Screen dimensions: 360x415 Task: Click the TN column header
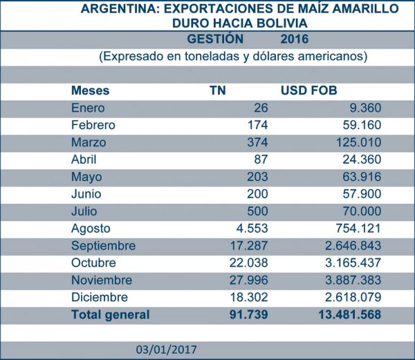[x=218, y=91]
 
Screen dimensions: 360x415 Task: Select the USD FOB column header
[x=308, y=91]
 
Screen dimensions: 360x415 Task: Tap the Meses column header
[x=91, y=91]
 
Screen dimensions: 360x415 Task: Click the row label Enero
[x=87, y=108]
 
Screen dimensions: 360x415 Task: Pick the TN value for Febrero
[x=258, y=125]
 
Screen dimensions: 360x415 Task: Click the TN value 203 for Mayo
[x=258, y=177]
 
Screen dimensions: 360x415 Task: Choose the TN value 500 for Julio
[x=258, y=211]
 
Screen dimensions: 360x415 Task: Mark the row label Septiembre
[x=103, y=245]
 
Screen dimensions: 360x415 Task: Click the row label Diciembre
[x=99, y=297]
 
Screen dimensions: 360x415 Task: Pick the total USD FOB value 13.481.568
[x=343, y=315]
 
